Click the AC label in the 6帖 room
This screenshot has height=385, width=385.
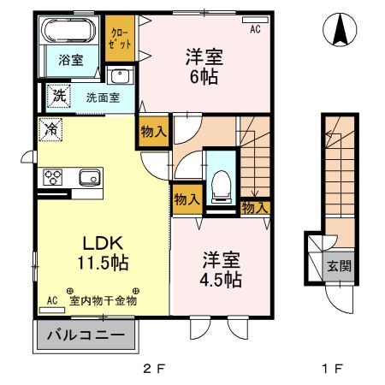255,30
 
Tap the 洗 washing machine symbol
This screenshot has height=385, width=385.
57,95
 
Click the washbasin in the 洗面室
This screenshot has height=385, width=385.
121,76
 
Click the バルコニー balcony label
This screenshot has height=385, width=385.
85,335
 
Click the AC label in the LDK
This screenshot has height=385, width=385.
51,300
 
